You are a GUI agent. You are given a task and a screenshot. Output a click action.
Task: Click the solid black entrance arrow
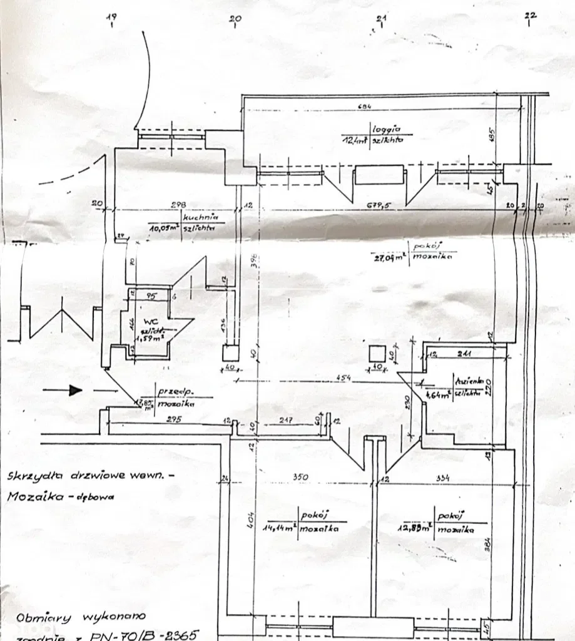point(75,390)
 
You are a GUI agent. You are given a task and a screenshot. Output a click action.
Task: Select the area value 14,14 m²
point(280,527)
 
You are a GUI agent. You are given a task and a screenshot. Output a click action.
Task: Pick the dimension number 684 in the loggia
point(364,107)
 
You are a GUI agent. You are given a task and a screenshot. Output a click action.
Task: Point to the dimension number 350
point(301,478)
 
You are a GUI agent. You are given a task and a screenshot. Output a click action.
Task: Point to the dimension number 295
point(174,419)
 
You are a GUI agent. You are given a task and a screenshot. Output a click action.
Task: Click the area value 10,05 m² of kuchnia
point(164,228)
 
